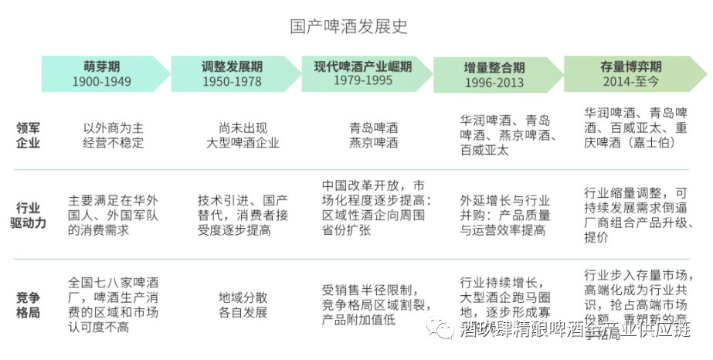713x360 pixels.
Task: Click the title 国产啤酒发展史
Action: pyautogui.click(x=348, y=26)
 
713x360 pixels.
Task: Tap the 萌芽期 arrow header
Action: pyautogui.click(x=102, y=73)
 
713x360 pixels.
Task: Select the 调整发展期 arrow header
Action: pyautogui.click(x=232, y=73)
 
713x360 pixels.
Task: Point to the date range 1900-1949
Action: pyautogui.click(x=102, y=81)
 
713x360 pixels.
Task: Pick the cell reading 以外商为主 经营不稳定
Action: pyautogui.click(x=113, y=135)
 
